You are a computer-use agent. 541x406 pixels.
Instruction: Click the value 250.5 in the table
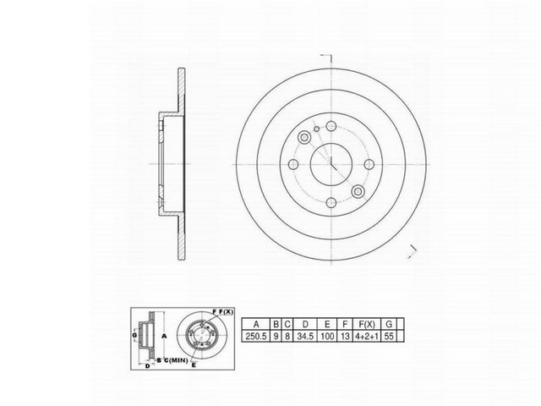pyautogui.click(x=255, y=337)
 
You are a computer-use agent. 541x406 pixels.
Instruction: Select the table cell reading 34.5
pyautogui.click(x=304, y=337)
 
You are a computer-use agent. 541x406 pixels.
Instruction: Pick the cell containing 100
pyautogui.click(x=328, y=337)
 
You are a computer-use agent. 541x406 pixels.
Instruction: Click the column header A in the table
pyautogui.click(x=255, y=323)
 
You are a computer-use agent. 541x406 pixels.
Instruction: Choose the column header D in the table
pyautogui.click(x=304, y=323)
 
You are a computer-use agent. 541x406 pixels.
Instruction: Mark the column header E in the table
pyautogui.click(x=328, y=323)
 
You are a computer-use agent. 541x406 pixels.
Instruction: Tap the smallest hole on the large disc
pyautogui.click(x=314, y=129)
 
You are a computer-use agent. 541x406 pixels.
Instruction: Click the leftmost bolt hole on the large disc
pyautogui.click(x=292, y=165)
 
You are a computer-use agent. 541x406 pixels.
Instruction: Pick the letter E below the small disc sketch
pyautogui.click(x=194, y=366)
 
